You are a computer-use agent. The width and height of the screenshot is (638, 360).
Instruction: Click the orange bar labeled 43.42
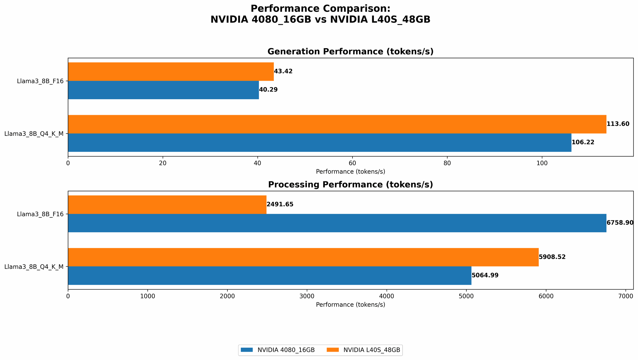coord(171,71)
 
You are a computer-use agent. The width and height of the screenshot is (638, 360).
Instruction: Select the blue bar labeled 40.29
coord(163,90)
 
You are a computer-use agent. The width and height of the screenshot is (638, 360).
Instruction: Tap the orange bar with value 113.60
coord(337,124)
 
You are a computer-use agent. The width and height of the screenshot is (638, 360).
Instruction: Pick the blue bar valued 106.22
coord(320,143)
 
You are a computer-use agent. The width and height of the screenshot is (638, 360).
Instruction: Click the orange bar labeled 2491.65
coord(167,204)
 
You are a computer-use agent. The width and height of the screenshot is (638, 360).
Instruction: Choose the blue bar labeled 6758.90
coord(337,223)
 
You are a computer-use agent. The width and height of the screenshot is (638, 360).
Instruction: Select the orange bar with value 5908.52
coord(303,257)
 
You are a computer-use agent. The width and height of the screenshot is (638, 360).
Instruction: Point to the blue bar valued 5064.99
coord(270,276)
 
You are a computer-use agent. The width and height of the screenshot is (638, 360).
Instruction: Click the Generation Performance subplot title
coord(350,52)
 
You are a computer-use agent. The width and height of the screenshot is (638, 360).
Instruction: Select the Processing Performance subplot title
coord(350,185)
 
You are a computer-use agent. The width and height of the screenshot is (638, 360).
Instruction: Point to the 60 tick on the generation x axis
coord(352,163)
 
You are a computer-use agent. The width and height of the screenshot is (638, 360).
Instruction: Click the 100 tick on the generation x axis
coord(542,163)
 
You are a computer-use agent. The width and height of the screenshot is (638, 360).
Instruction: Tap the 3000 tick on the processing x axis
coord(307,296)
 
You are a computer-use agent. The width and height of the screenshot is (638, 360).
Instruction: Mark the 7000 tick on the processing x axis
coord(626,296)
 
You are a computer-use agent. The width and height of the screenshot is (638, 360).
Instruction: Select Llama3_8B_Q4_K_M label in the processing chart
coord(34,267)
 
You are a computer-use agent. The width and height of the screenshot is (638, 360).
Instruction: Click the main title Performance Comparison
coord(320,9)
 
